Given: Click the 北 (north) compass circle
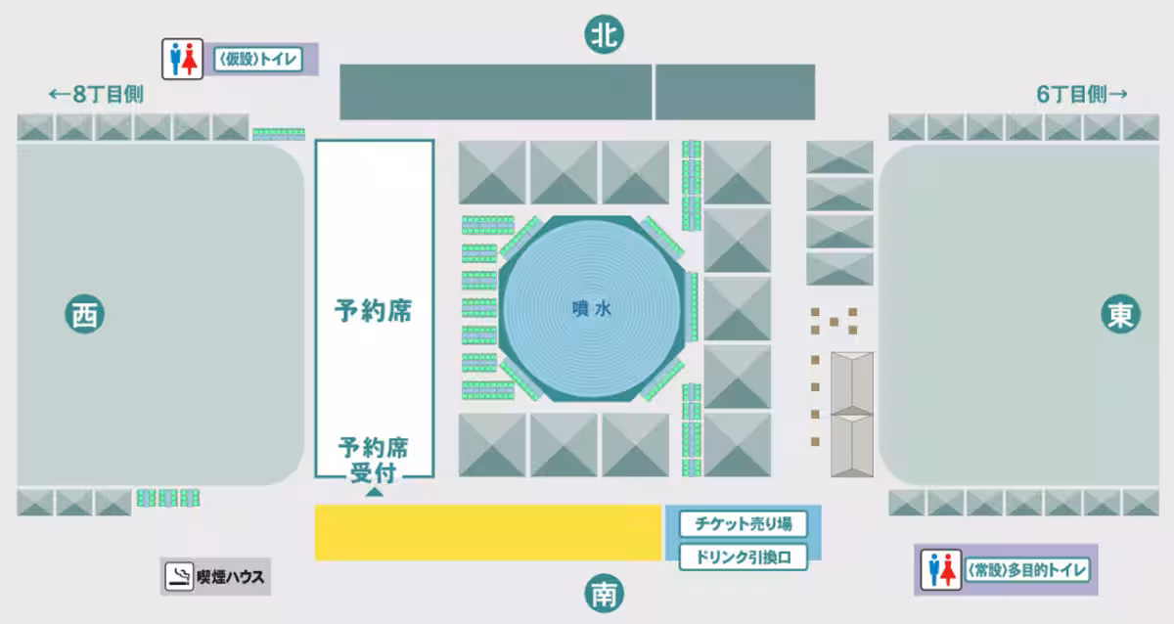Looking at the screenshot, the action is (604, 34).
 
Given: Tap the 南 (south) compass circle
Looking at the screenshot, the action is (604, 594).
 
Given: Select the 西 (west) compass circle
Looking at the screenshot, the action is (84, 314).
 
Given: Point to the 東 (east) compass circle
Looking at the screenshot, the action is (1120, 314).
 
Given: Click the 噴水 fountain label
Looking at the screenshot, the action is (592, 309).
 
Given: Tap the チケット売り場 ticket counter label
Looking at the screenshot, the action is (744, 524).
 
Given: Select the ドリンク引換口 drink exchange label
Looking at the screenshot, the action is (744, 557).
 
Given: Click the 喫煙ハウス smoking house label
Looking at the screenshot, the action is (231, 577).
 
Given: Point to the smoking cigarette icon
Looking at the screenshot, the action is (179, 576).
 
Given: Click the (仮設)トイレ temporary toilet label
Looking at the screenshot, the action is (258, 60).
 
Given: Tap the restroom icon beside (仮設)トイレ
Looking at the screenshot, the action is (182, 59).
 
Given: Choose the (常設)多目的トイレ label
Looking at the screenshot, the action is (1027, 570).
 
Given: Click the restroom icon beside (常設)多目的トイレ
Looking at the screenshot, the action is (941, 570).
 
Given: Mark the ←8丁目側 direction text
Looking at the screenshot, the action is (96, 94).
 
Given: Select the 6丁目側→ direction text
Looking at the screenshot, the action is (1082, 94).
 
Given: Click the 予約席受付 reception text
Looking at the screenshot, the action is (373, 460).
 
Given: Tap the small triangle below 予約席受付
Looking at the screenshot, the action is (374, 492).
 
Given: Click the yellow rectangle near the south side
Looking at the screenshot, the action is (488, 533).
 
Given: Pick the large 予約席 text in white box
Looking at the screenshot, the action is (373, 311).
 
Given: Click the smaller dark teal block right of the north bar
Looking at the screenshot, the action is (736, 92).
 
